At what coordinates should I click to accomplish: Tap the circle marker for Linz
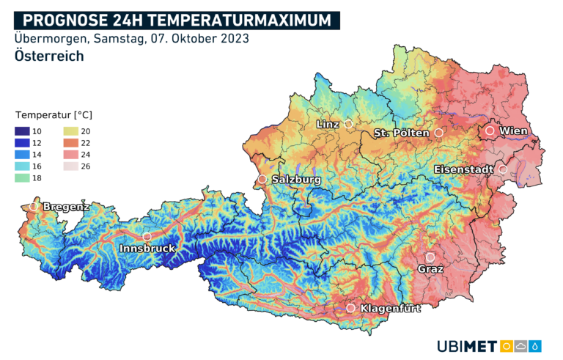349,125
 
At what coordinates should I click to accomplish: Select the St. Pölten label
401,133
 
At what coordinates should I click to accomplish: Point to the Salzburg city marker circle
262,179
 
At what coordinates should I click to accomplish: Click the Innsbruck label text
147,249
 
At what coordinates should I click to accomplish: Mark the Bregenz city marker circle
33,207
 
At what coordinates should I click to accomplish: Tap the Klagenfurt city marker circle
351,308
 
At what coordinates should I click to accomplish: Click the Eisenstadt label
463,169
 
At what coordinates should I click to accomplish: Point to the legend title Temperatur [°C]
54,115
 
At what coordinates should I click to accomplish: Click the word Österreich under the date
48,56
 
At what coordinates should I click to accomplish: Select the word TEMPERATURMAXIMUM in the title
240,20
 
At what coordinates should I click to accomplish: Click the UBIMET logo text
467,346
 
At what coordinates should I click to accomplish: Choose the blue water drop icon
537,346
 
